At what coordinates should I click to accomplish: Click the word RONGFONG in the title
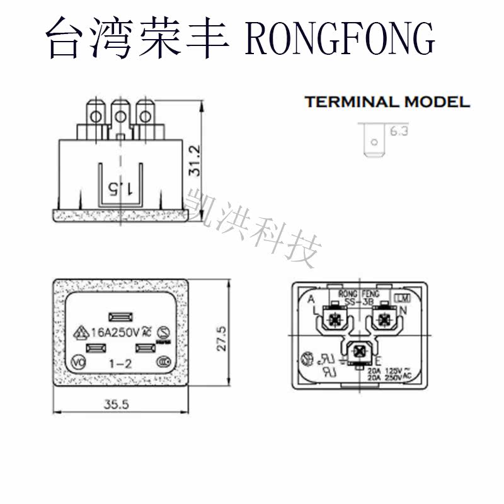[x=340, y=39]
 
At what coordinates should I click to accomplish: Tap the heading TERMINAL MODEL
[x=387, y=102]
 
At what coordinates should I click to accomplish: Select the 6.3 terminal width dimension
[x=399, y=132]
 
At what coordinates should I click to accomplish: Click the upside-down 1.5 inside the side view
[x=120, y=187]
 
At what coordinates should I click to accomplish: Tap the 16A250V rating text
[x=115, y=332]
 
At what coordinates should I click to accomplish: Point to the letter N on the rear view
[x=403, y=311]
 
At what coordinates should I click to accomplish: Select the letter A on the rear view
[x=311, y=300]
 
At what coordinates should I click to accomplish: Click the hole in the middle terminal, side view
[x=120, y=116]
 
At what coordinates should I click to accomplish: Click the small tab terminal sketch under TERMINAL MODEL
[x=373, y=140]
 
